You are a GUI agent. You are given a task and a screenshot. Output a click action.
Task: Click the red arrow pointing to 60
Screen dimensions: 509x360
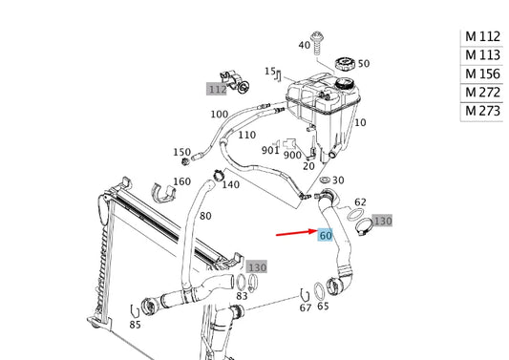pyautogui.click(x=297, y=232)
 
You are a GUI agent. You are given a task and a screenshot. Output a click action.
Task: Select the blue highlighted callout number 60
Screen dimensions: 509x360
pyautogui.click(x=326, y=235)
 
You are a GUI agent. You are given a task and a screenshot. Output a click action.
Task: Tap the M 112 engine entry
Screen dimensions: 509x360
pyautogui.click(x=482, y=36)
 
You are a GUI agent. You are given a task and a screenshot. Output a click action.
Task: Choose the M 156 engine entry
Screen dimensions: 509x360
pyautogui.click(x=482, y=74)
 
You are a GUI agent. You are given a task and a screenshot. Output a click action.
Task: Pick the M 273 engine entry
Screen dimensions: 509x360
pyautogui.click(x=482, y=111)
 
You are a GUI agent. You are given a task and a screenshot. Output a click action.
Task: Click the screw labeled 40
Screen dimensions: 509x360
pyautogui.click(x=316, y=43)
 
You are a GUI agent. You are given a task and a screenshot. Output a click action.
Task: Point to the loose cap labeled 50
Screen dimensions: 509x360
pyautogui.click(x=345, y=64)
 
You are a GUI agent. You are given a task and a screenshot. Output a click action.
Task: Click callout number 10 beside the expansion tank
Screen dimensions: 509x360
pyautogui.click(x=360, y=122)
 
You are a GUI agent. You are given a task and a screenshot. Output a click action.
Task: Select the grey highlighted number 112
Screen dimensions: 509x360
pyautogui.click(x=217, y=89)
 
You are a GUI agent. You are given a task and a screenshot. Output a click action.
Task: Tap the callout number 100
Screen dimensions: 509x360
pyautogui.click(x=220, y=115)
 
